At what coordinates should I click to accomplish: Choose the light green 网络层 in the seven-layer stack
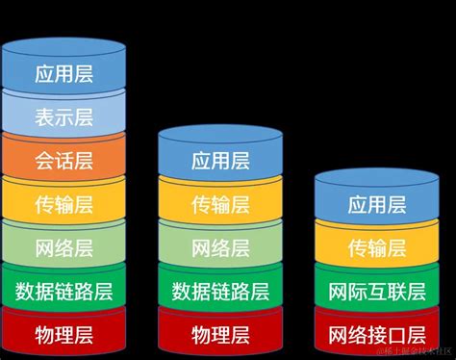63,247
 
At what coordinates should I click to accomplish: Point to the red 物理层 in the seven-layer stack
63,334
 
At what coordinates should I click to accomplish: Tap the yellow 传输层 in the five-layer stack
220,204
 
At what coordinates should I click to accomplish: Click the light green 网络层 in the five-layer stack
220,247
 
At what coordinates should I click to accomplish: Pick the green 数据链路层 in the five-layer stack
220,291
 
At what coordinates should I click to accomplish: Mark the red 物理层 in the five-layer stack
220,334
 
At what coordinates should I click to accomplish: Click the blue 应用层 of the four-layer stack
376,204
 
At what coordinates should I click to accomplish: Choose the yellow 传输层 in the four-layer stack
376,248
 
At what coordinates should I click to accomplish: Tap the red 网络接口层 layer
376,334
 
